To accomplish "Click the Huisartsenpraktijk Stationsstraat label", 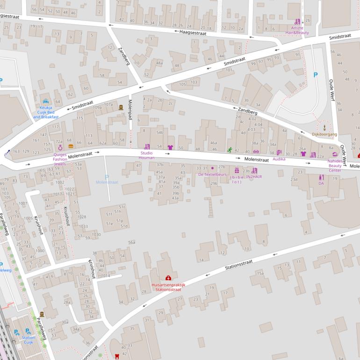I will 168,287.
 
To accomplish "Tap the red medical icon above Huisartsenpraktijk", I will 168,278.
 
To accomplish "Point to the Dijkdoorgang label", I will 324,134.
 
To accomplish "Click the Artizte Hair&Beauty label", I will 297,30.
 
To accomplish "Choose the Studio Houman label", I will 147,155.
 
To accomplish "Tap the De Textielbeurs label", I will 212,174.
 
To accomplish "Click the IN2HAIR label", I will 254,177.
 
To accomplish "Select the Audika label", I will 279,159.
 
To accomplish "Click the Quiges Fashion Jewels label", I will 60,159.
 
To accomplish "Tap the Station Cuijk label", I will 29,339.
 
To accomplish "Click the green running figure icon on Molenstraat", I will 230,150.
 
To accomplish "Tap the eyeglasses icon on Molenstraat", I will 256,151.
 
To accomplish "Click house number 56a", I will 132,242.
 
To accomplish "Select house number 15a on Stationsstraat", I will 259,274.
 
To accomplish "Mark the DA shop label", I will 321,183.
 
